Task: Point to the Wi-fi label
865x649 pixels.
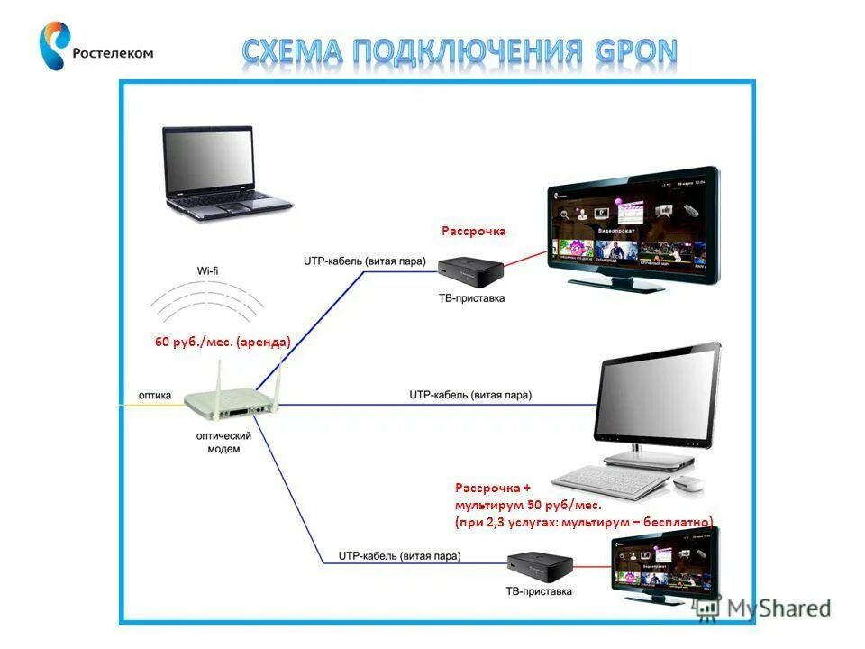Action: [x=208, y=270]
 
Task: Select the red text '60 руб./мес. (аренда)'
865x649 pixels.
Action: [x=223, y=343]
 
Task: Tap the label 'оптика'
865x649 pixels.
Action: [x=155, y=395]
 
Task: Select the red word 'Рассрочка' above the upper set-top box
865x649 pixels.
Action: [x=473, y=232]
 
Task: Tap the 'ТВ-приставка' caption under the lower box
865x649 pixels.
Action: [x=538, y=592]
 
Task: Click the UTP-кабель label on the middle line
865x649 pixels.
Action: [x=470, y=395]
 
